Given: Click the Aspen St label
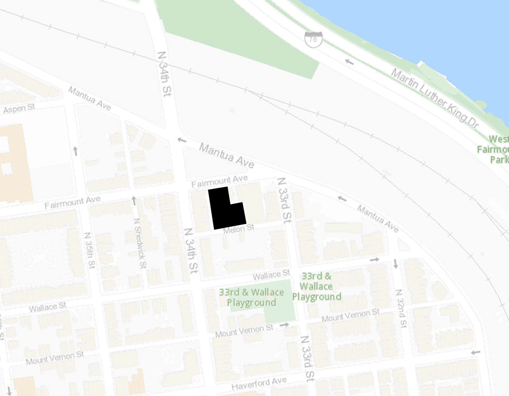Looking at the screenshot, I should tap(19, 108).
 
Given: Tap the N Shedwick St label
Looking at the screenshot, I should tap(140, 242).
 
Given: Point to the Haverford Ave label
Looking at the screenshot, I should tap(259, 383).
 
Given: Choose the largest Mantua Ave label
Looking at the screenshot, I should tap(226, 155).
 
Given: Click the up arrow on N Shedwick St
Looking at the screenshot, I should tap(134, 200).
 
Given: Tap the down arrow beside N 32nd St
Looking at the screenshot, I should tap(395, 264).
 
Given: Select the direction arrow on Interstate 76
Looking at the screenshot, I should tap(349, 62).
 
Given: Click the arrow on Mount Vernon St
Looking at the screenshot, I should tap(284, 325).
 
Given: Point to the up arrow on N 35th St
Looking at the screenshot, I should tap(75, 151).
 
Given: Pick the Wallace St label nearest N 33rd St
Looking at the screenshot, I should tap(271, 275).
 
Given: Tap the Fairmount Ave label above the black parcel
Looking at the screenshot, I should tap(220, 181).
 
